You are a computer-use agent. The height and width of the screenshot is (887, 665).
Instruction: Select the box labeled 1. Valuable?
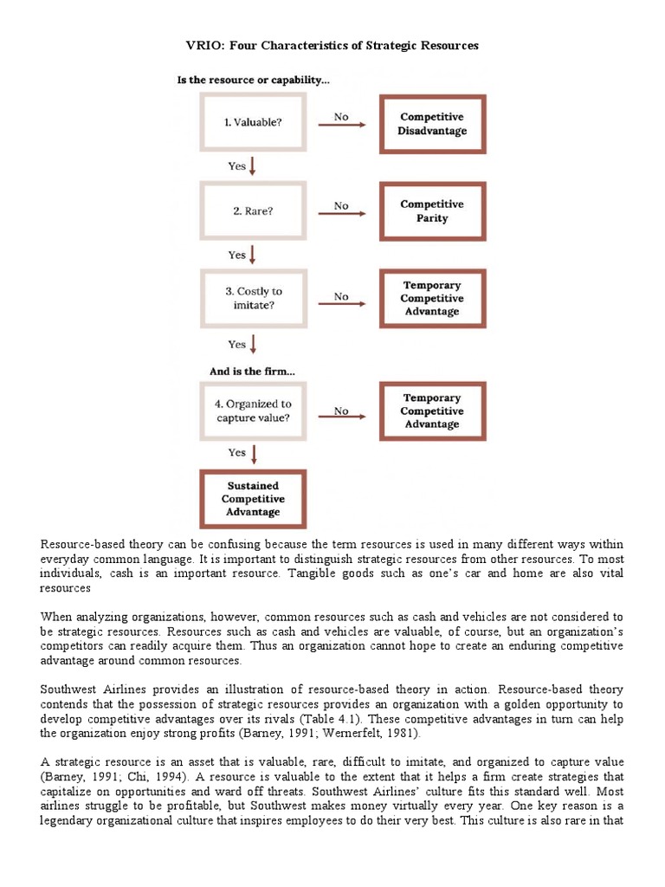(x=252, y=122)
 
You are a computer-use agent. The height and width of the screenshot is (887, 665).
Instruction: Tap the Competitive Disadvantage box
(x=432, y=123)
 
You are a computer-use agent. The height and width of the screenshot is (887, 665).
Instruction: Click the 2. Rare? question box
(x=252, y=211)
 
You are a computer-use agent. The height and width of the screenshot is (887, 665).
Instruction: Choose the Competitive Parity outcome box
(x=432, y=211)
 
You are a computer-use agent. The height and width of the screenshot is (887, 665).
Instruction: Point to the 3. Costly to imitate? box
(x=252, y=299)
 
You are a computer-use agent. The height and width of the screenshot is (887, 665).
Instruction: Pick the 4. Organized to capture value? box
(x=252, y=411)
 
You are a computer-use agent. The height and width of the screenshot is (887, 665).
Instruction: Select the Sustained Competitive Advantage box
(x=252, y=498)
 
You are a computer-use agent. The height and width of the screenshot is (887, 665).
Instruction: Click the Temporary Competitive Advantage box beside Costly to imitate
(x=432, y=299)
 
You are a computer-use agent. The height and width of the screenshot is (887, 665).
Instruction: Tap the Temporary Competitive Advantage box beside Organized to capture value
(x=432, y=411)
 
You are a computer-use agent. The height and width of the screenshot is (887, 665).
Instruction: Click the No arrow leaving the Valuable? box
(x=343, y=123)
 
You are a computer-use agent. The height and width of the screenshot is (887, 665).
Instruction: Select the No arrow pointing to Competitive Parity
(x=343, y=212)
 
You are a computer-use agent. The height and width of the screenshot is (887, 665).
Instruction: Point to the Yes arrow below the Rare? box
(x=251, y=254)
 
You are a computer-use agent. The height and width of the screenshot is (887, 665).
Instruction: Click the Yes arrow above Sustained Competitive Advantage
(x=251, y=452)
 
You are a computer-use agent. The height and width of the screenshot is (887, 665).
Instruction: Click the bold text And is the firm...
(x=252, y=371)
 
